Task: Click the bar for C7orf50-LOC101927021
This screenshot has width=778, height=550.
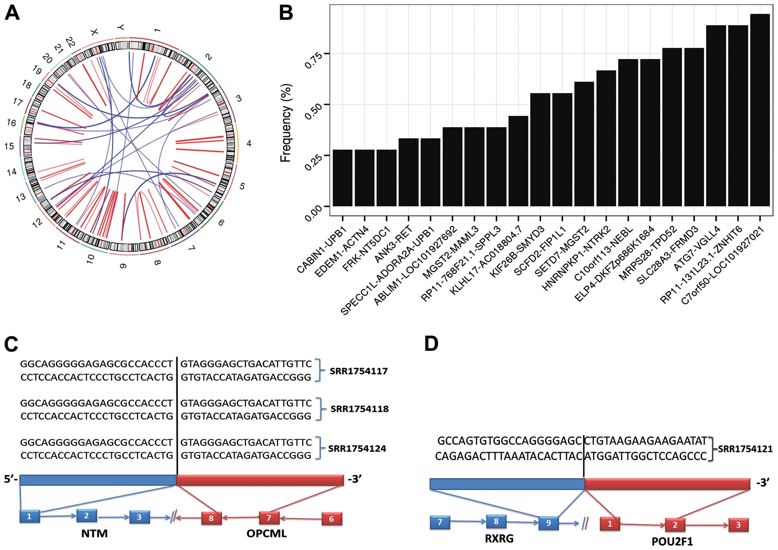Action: (x=760, y=110)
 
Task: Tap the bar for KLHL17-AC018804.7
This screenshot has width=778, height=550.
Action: (x=518, y=161)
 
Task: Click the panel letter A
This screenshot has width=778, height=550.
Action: (x=12, y=14)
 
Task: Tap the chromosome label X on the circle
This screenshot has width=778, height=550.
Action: (x=94, y=32)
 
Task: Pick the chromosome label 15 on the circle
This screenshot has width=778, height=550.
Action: (x=9, y=146)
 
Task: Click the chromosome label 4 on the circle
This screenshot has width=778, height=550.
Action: (x=249, y=143)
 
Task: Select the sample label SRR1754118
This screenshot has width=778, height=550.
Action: (x=359, y=409)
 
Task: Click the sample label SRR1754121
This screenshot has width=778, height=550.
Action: (x=745, y=449)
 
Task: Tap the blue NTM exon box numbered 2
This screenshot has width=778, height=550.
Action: (x=86, y=516)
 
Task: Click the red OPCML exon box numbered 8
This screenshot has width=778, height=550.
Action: (x=211, y=518)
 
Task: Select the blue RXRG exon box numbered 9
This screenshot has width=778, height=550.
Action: (x=548, y=523)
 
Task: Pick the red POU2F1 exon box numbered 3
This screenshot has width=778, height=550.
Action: (x=738, y=525)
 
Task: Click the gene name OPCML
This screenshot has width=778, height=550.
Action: (x=267, y=534)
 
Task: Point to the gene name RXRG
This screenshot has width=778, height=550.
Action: (x=499, y=539)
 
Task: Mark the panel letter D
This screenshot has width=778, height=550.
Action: (x=431, y=343)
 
